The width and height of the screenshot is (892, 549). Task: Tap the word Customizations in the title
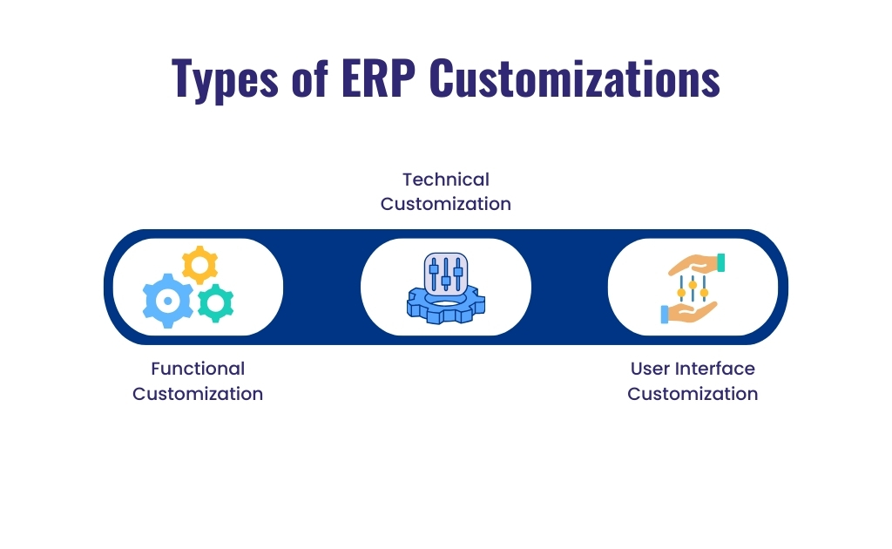click(575, 78)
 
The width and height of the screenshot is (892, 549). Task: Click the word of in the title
click(304, 78)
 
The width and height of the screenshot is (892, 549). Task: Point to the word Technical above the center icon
click(445, 180)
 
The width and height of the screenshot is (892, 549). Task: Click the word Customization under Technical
click(445, 204)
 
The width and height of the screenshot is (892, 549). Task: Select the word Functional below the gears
click(198, 369)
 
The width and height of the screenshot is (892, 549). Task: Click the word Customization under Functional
click(198, 394)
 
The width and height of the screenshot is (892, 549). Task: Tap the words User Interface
click(693, 369)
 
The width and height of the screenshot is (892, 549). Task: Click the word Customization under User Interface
click(693, 394)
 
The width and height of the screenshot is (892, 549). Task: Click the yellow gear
click(199, 264)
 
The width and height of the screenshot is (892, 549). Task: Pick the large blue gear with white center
click(167, 301)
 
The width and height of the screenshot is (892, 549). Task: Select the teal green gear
click(214, 302)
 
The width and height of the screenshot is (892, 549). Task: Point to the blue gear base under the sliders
click(445, 308)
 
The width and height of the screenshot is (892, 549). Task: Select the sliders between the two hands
click(693, 288)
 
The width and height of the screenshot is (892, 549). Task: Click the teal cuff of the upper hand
click(720, 261)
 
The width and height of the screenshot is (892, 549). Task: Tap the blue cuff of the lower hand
click(665, 315)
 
